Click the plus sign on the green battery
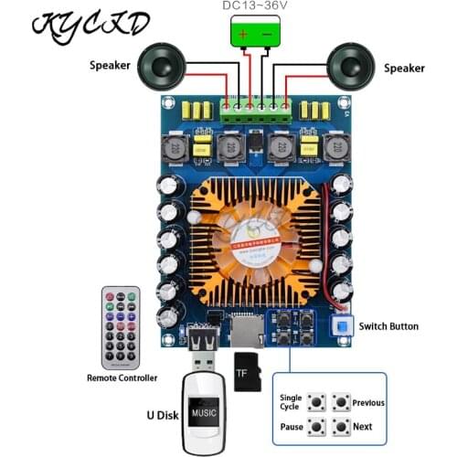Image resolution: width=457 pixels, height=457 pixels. click(243, 36)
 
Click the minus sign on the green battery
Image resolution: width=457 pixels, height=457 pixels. click(269, 36)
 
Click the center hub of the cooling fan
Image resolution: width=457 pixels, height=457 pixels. click(253, 229)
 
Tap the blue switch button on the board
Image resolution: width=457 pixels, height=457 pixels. click(343, 326)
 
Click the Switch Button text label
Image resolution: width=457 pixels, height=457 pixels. click(388, 326)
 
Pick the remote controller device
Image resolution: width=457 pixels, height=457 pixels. click(121, 325)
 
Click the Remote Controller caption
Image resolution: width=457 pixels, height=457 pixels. click(122, 377)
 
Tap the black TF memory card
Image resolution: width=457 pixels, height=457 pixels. click(247, 371)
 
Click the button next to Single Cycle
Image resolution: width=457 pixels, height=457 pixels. click(317, 402)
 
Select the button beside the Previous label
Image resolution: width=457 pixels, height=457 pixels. click(341, 402)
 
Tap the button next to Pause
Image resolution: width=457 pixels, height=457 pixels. click(317, 426)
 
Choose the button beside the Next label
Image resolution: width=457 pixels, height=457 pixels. click(341, 426)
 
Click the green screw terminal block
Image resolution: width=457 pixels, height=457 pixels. click(256, 107)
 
